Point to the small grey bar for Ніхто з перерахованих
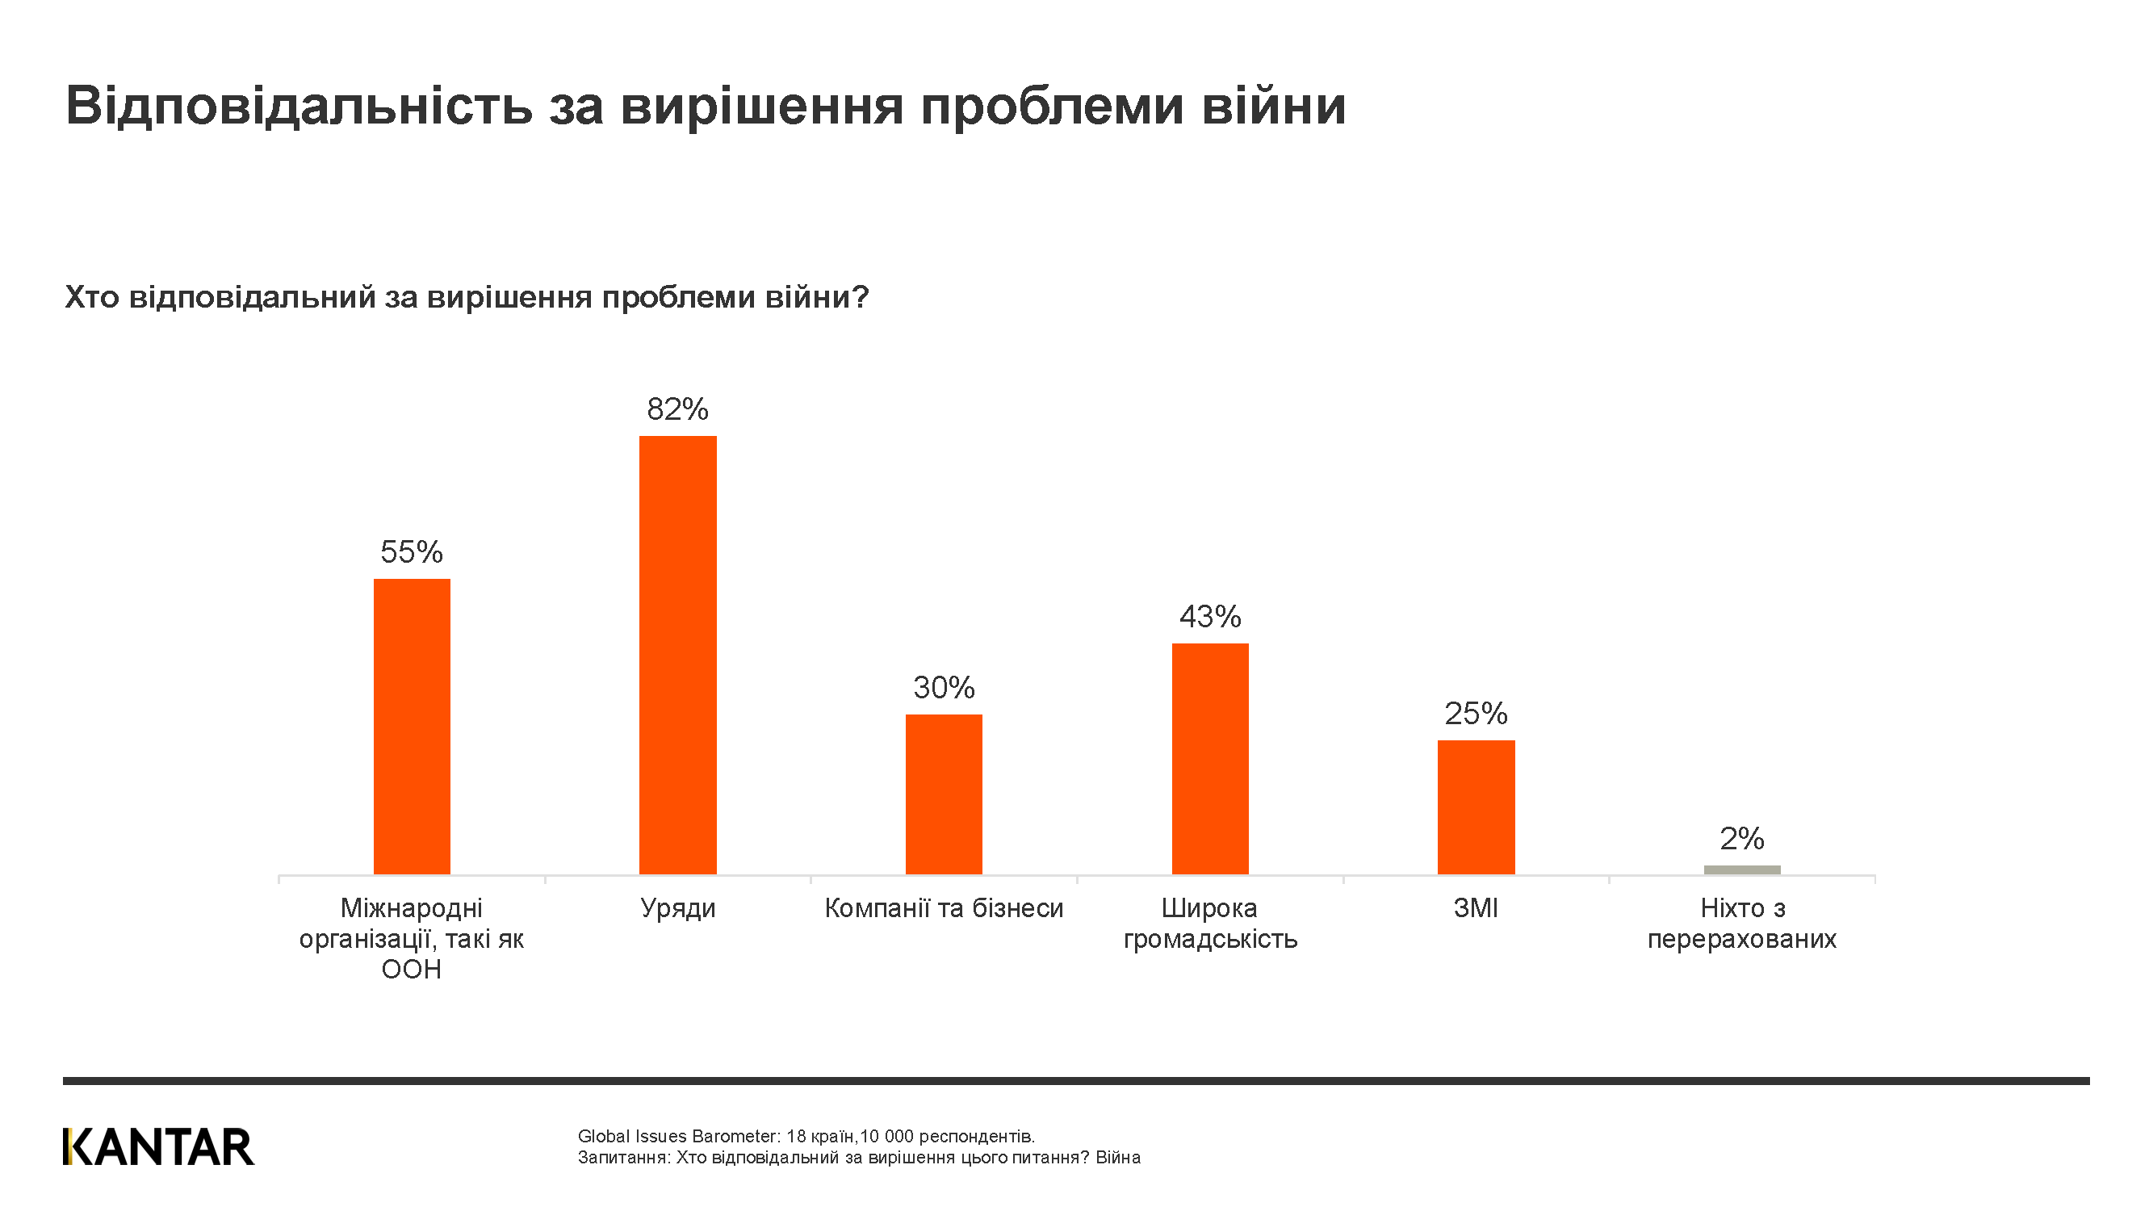(x=1742, y=869)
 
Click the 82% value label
(x=677, y=409)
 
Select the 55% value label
(x=411, y=551)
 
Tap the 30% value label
(x=944, y=687)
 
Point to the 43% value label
(x=1209, y=616)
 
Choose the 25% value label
(x=1475, y=713)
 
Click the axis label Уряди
(x=677, y=907)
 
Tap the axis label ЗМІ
(x=1475, y=907)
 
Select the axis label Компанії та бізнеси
(x=944, y=907)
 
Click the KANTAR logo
(x=158, y=1146)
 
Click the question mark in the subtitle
(x=861, y=296)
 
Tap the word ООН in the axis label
(x=411, y=970)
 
